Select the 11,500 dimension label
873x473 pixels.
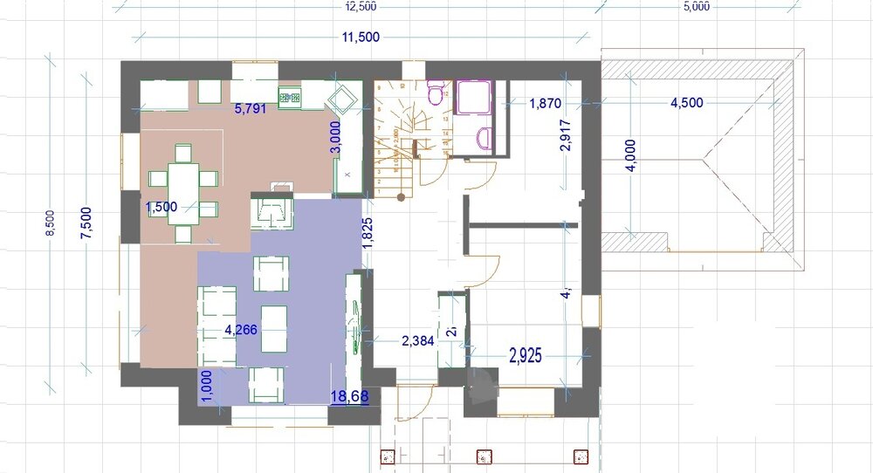tap(361, 37)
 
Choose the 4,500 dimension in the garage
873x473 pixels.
tap(686, 103)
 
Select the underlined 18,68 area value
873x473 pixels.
tap(348, 397)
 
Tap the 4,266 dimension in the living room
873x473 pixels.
tap(242, 330)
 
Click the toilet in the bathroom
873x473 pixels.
tap(436, 91)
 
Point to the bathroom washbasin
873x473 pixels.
tap(486, 137)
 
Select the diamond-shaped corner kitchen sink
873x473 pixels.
tap(342, 99)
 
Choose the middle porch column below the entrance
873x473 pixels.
tap(483, 456)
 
